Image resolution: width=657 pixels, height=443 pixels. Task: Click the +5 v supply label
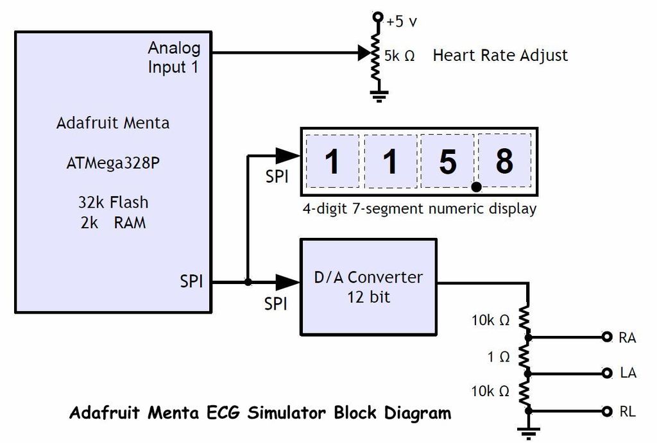[x=402, y=21]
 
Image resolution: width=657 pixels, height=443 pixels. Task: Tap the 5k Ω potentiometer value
[x=399, y=56]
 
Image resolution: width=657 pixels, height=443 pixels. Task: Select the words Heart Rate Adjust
[x=500, y=56]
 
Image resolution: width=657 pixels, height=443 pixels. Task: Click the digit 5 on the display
[x=448, y=162]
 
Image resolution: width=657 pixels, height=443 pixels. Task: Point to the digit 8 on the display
[x=504, y=161]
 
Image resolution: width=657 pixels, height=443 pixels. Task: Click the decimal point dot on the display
[x=477, y=187]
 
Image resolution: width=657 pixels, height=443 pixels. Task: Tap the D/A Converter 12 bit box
[x=369, y=287]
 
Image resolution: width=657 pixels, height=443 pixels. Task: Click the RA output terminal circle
[x=607, y=337]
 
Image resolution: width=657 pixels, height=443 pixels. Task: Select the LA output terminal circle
[x=607, y=372]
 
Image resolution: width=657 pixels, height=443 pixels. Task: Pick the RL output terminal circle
[x=607, y=411]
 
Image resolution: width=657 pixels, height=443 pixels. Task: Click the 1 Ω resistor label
[x=498, y=356]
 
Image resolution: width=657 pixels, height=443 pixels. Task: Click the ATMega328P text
[x=113, y=163]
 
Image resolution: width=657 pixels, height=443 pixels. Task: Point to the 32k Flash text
[x=113, y=202]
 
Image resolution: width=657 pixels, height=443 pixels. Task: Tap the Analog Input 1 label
[x=174, y=57]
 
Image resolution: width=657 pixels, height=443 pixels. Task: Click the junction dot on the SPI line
[x=248, y=282]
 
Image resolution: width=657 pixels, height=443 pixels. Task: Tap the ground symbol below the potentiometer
[x=379, y=96]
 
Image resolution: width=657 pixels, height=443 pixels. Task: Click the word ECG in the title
[x=223, y=413]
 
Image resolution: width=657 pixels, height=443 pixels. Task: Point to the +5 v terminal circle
[x=378, y=17]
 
